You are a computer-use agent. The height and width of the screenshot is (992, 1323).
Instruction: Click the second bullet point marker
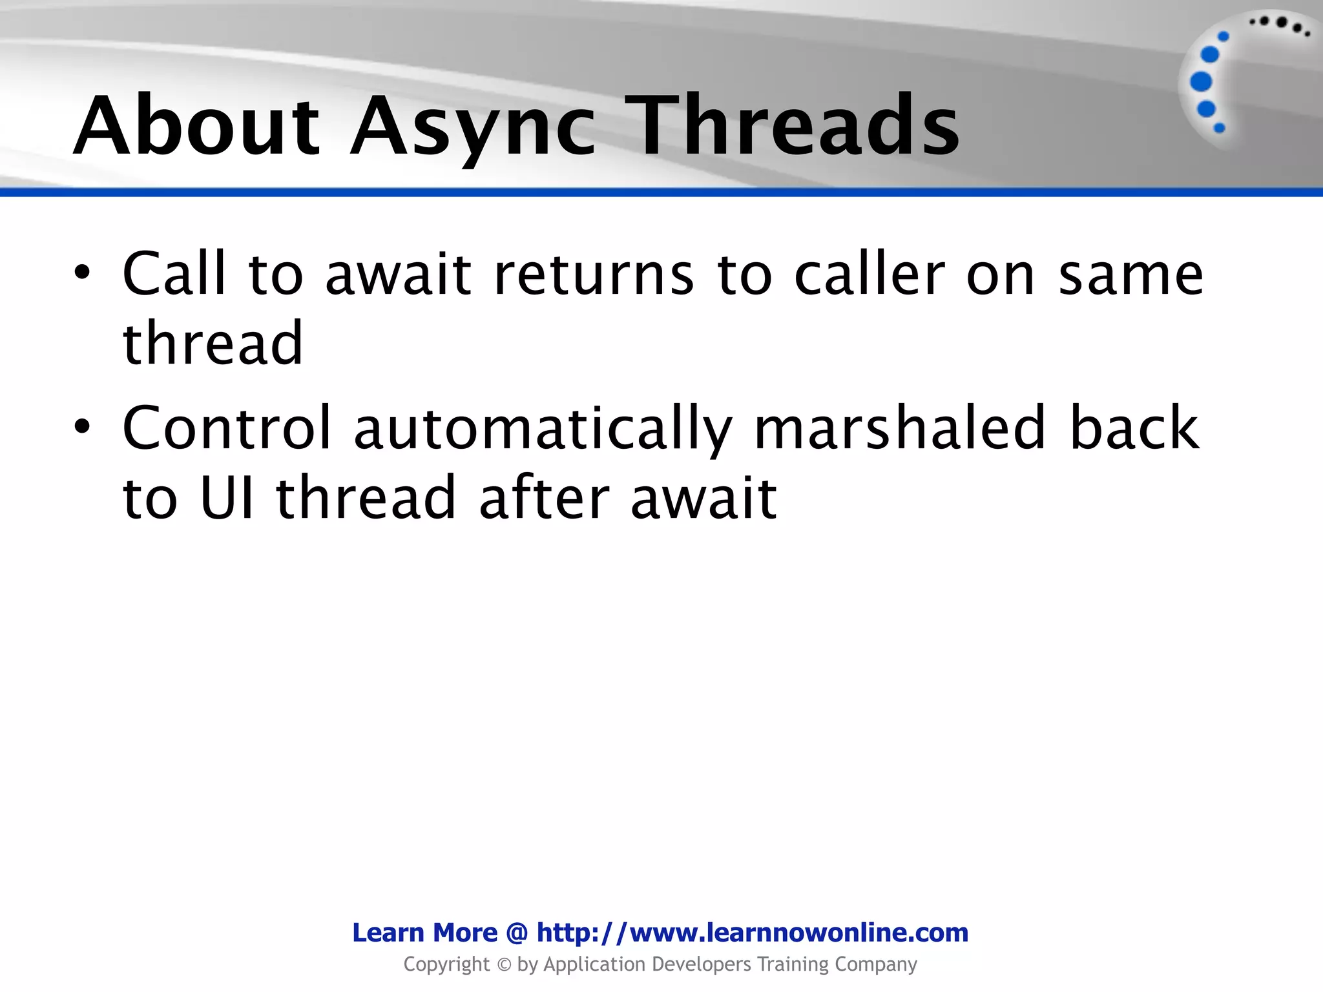point(82,427)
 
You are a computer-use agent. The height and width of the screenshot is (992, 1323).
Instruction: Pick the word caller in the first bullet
point(869,274)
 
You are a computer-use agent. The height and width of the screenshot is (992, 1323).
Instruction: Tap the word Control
point(227,428)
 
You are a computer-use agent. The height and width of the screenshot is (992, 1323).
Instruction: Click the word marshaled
point(899,428)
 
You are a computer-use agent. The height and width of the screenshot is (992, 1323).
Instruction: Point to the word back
point(1134,428)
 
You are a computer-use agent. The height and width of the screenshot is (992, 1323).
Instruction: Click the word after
point(544,497)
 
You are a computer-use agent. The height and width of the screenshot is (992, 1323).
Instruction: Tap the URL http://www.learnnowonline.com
point(752,933)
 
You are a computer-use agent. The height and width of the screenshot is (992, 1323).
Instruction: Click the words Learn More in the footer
point(424,933)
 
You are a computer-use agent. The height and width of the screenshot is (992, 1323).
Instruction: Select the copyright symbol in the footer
point(504,965)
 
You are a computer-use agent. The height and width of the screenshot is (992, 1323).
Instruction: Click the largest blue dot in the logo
point(1201,82)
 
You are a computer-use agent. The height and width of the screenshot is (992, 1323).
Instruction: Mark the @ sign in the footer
point(517,933)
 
